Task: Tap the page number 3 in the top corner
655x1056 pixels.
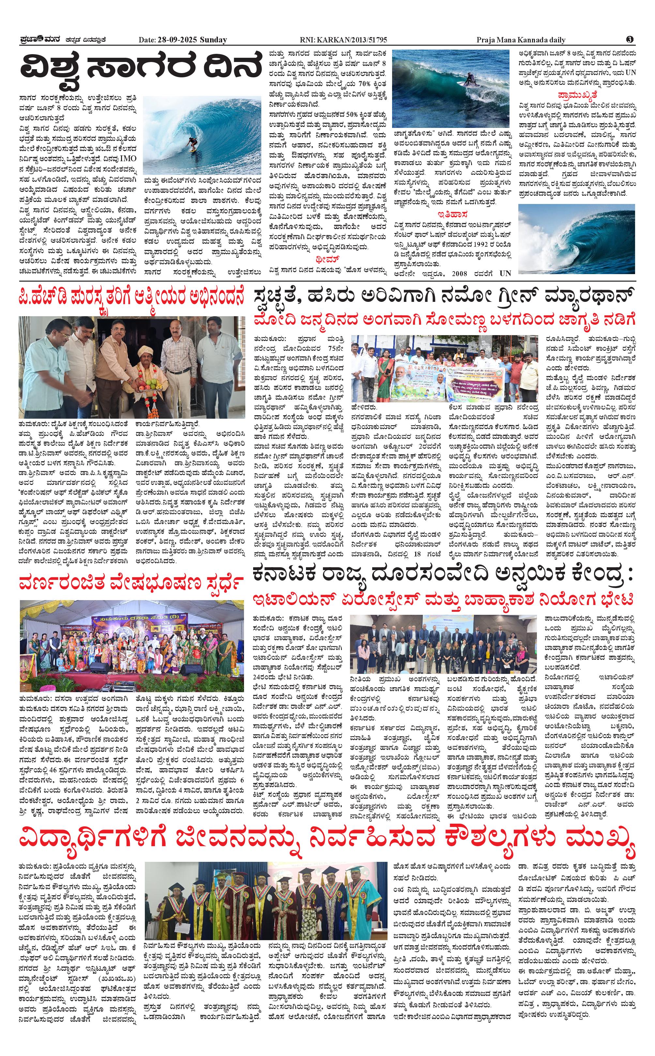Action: point(630,39)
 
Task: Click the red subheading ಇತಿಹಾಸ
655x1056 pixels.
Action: point(452,214)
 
